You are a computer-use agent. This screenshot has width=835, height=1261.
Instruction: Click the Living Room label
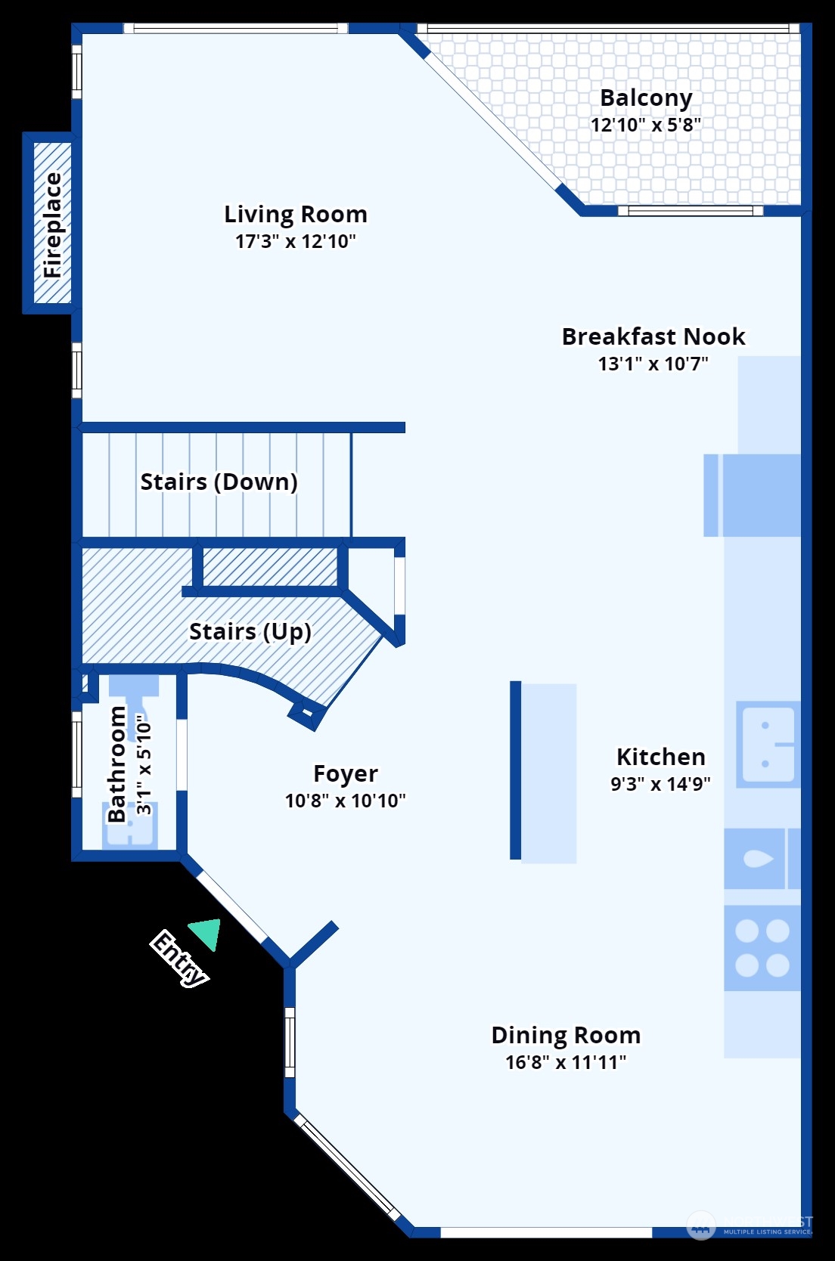coord(296,215)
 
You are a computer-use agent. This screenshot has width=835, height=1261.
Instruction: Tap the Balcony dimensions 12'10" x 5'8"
coord(645,125)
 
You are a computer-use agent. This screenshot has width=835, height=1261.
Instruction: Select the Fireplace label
coord(53,225)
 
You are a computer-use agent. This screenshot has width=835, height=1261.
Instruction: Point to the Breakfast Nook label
coord(653,336)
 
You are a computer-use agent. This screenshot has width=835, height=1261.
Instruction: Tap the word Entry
coord(178,958)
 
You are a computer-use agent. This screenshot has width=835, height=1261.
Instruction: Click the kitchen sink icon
coord(767,745)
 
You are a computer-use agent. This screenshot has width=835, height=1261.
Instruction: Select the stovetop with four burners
coord(762,948)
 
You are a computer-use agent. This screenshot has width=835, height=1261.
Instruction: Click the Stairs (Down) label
coord(219,482)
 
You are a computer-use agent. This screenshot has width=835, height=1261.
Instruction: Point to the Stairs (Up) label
coord(250,631)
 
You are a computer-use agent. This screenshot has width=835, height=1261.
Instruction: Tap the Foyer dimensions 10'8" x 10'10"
coord(345,801)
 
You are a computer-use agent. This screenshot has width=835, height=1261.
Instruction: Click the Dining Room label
coord(566,1035)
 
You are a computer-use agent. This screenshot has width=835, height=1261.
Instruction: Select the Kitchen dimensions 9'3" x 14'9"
coord(660,784)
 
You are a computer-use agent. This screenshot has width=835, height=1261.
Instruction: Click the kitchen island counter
coord(549,773)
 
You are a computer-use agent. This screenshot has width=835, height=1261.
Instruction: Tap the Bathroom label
coord(116,764)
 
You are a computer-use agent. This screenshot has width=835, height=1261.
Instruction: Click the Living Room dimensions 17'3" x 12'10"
coord(295,242)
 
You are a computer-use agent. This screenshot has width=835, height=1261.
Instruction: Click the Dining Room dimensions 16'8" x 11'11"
coord(566,1062)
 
